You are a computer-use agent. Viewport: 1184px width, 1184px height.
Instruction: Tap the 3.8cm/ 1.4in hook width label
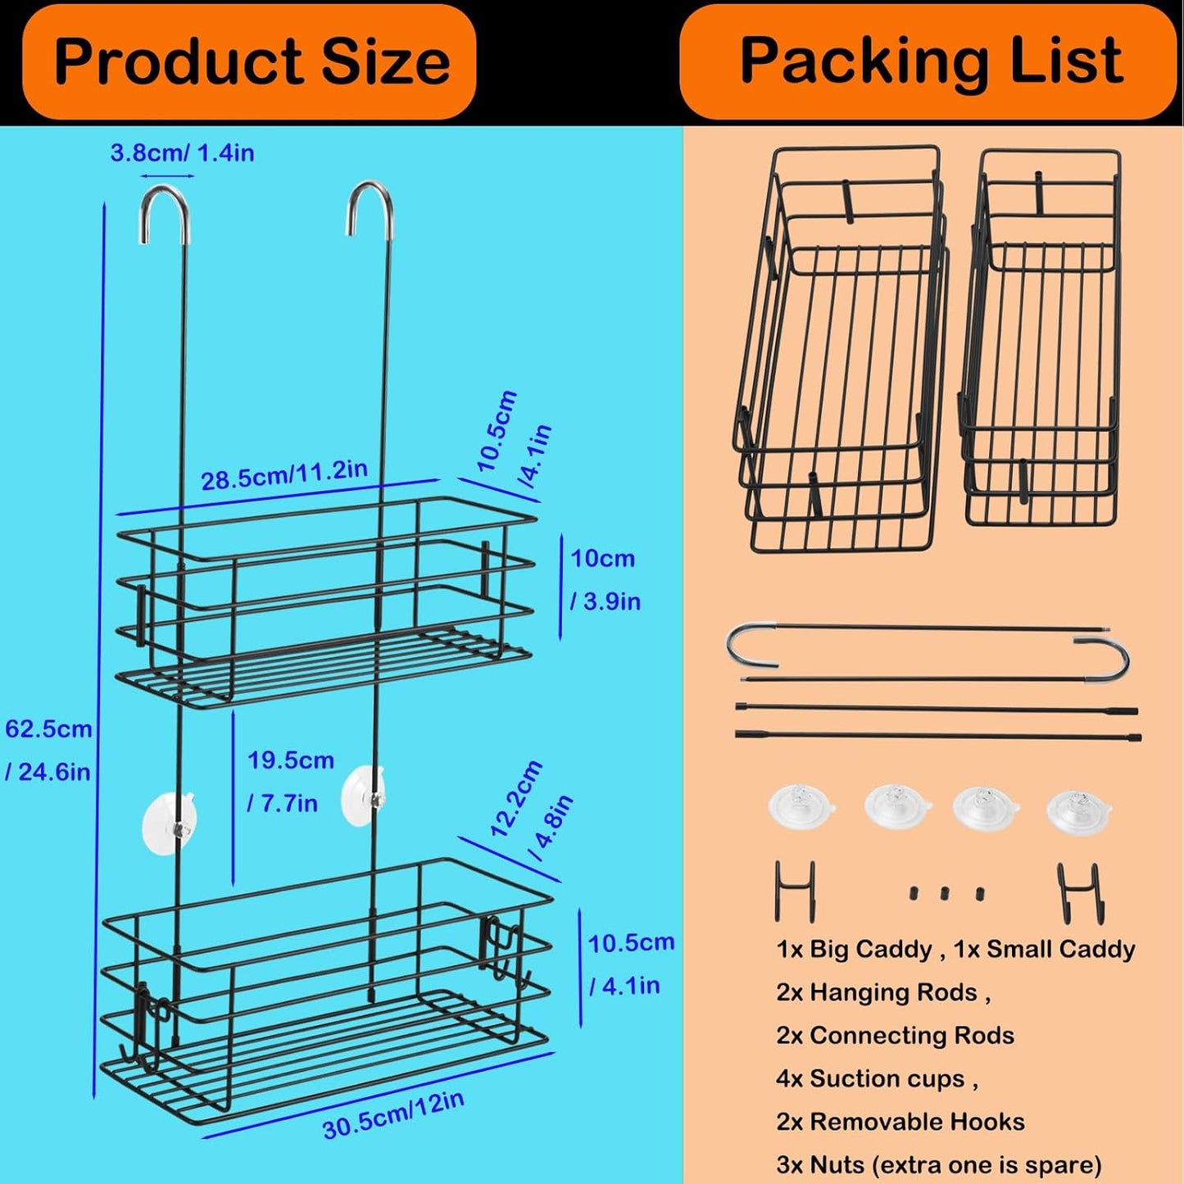click(x=182, y=153)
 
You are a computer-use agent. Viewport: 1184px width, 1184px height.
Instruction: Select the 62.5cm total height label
click(x=48, y=750)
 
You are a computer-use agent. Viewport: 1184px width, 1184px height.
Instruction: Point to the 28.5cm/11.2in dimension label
click(x=284, y=474)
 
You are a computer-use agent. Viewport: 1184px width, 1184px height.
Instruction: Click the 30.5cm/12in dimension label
click(x=393, y=1115)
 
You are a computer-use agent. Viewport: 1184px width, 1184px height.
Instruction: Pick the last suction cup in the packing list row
click(x=1079, y=810)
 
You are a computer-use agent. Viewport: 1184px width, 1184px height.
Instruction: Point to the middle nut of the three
click(x=945, y=892)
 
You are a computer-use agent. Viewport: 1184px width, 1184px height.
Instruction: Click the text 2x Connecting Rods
click(x=895, y=1036)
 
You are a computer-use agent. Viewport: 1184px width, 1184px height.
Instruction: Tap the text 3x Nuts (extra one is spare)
click(x=938, y=1164)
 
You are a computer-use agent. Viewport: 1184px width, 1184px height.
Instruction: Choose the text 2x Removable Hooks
click(x=900, y=1122)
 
